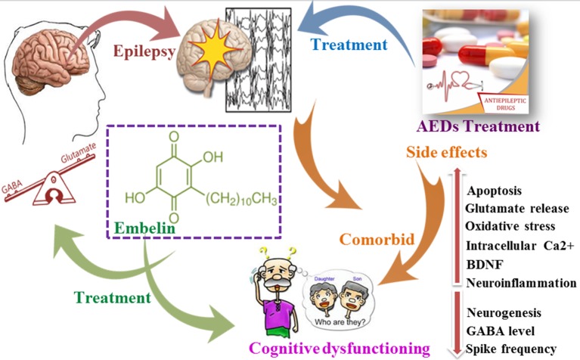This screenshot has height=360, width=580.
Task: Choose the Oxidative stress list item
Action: tap(510, 226)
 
